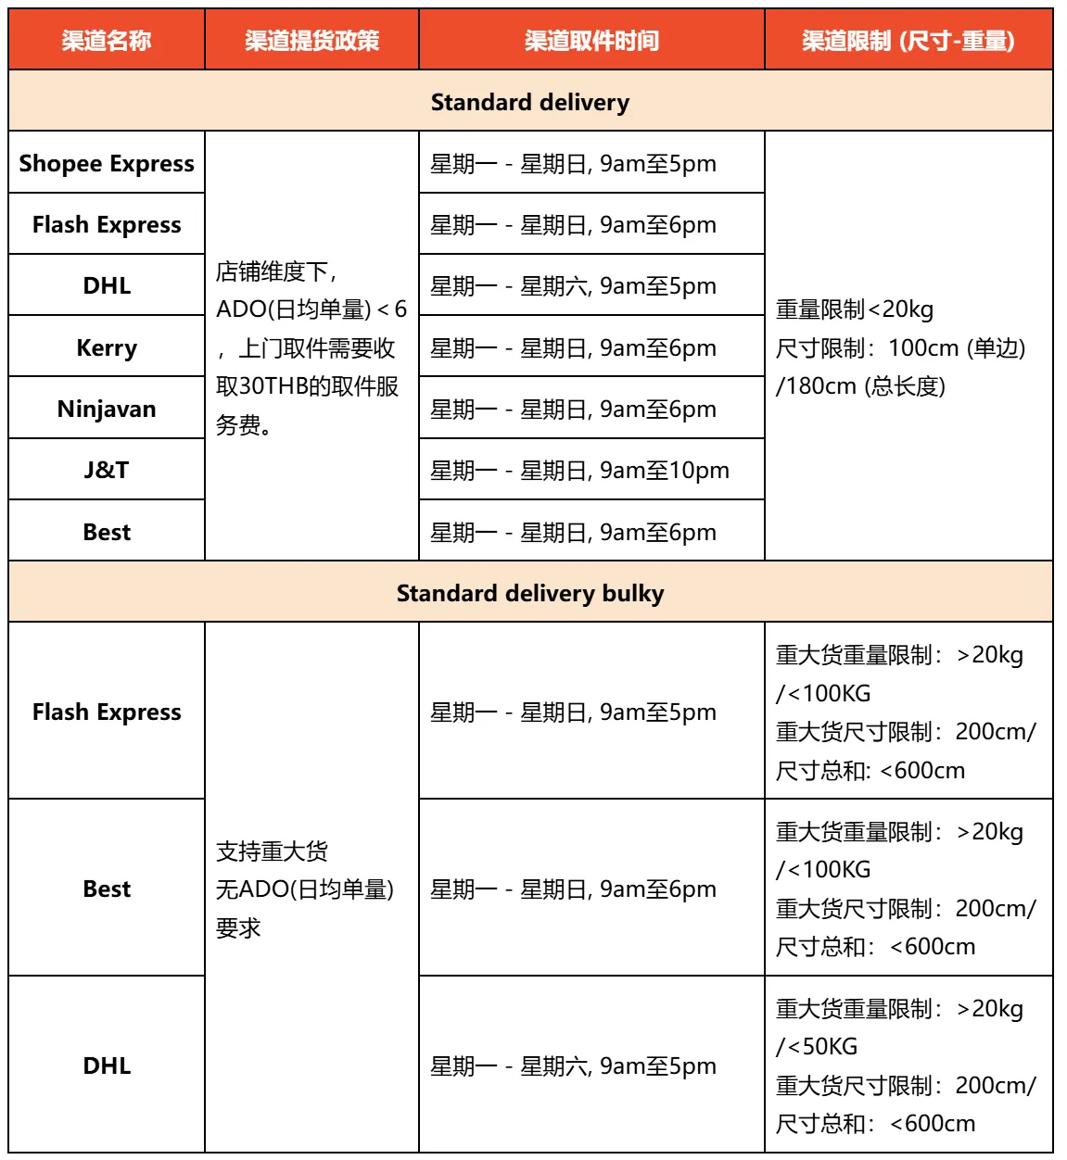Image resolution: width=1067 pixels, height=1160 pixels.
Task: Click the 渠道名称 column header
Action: click(107, 41)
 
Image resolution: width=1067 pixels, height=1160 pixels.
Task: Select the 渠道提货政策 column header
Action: click(311, 41)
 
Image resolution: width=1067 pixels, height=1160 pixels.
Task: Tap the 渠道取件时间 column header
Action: click(591, 41)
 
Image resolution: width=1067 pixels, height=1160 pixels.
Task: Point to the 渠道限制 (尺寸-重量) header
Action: click(908, 41)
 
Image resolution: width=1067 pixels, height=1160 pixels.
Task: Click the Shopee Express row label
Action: click(107, 164)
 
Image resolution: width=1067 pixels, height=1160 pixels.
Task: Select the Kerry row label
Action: click(107, 348)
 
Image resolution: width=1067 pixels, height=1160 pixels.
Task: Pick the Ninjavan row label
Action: click(107, 410)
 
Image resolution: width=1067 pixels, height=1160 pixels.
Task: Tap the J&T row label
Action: click(107, 471)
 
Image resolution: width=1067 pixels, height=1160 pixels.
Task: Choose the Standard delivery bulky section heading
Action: click(530, 593)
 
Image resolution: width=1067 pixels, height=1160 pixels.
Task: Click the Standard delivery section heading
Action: click(530, 103)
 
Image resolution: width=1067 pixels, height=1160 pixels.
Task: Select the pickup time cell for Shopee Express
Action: click(573, 164)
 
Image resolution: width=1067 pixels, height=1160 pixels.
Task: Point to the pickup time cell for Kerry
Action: click(573, 348)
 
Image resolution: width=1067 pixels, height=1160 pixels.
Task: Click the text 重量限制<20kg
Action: click(855, 309)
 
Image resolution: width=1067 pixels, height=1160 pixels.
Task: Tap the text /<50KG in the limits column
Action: click(817, 1047)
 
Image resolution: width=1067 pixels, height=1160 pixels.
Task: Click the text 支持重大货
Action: click(272, 851)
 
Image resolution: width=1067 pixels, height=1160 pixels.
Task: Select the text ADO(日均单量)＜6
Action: click(311, 309)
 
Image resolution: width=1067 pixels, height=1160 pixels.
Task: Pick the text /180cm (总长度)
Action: click(860, 386)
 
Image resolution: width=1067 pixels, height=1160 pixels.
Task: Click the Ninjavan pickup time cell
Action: click(573, 410)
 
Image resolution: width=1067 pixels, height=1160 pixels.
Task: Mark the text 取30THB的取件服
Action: click(308, 386)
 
